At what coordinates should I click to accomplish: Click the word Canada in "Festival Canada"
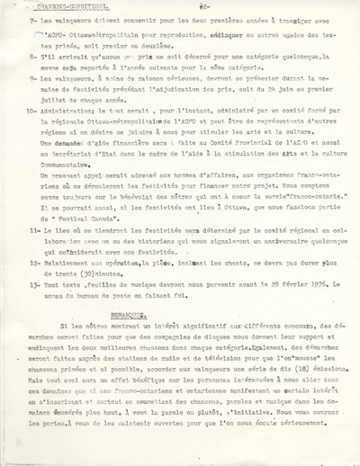[x=117, y=218]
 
